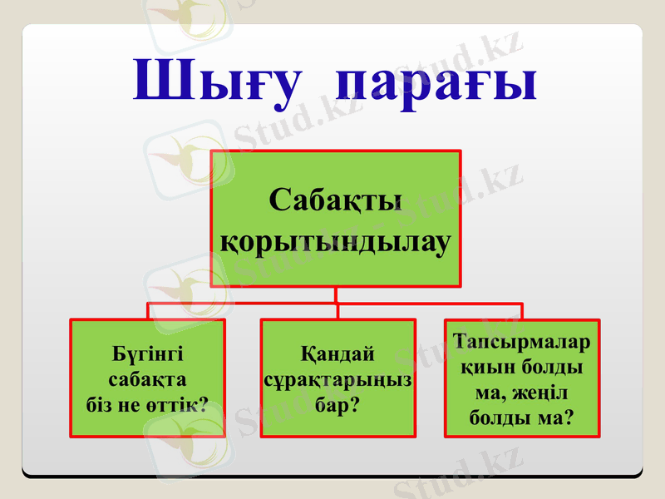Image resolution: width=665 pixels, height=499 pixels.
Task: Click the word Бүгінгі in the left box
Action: (x=148, y=353)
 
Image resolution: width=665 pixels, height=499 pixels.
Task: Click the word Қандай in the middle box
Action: (x=337, y=353)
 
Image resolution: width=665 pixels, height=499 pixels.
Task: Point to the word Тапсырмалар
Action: (x=522, y=341)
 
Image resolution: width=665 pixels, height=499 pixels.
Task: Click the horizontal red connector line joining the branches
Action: (x=249, y=304)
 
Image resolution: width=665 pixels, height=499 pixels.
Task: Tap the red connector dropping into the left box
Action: (x=149, y=311)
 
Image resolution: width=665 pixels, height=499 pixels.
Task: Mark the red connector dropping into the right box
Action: (x=522, y=311)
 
